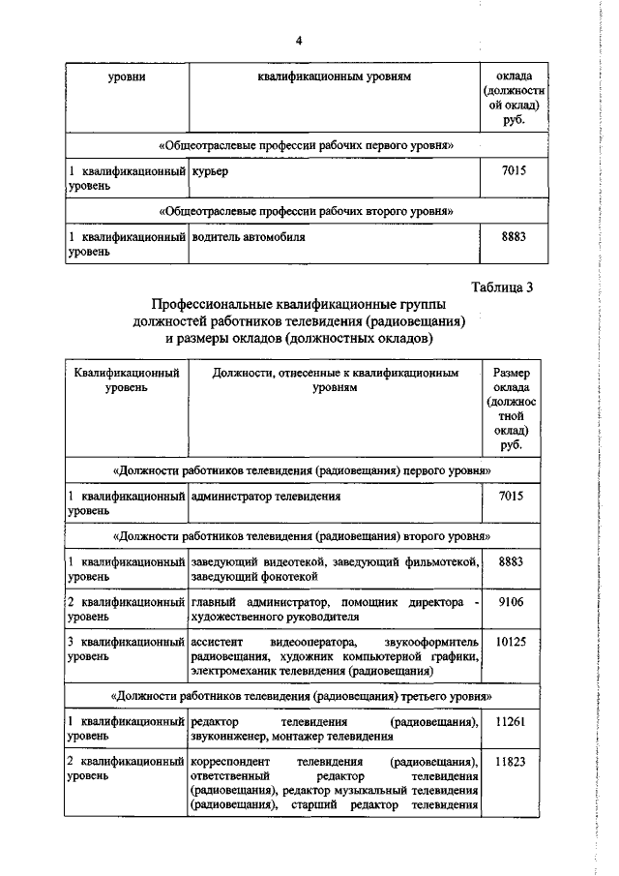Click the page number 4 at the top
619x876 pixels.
pyautogui.click(x=299, y=40)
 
